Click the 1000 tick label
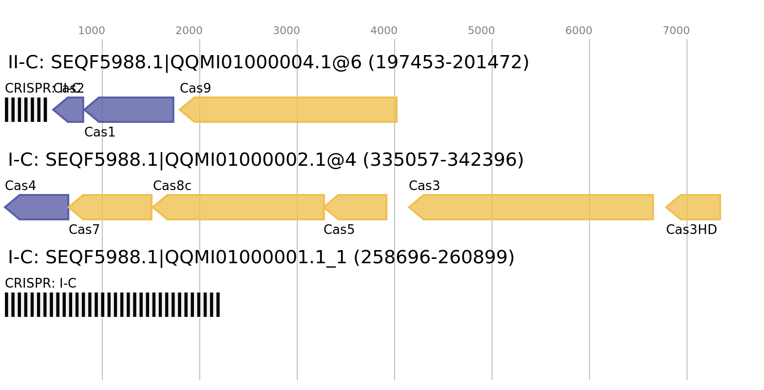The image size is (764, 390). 92,31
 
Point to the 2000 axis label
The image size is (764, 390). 189,31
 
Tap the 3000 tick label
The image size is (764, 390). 286,31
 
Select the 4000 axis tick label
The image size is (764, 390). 384,31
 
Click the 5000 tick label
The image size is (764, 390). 481,31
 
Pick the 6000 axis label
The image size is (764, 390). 579,31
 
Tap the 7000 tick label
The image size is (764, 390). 676,31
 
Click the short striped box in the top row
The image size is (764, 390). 26,110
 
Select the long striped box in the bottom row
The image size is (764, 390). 113,305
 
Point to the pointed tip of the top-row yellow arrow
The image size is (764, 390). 179,110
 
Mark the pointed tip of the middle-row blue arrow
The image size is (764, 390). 5,207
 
